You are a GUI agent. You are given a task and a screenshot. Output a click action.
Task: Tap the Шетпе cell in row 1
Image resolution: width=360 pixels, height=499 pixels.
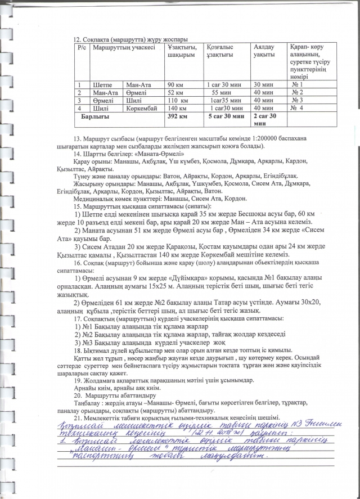(x=101, y=84)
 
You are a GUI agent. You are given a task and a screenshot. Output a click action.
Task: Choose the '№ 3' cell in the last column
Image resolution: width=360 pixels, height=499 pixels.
(x=298, y=100)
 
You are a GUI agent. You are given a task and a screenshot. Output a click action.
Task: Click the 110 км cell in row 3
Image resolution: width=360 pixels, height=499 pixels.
(x=177, y=100)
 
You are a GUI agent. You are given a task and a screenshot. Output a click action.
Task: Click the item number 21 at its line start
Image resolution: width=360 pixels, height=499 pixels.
(x=78, y=416)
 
